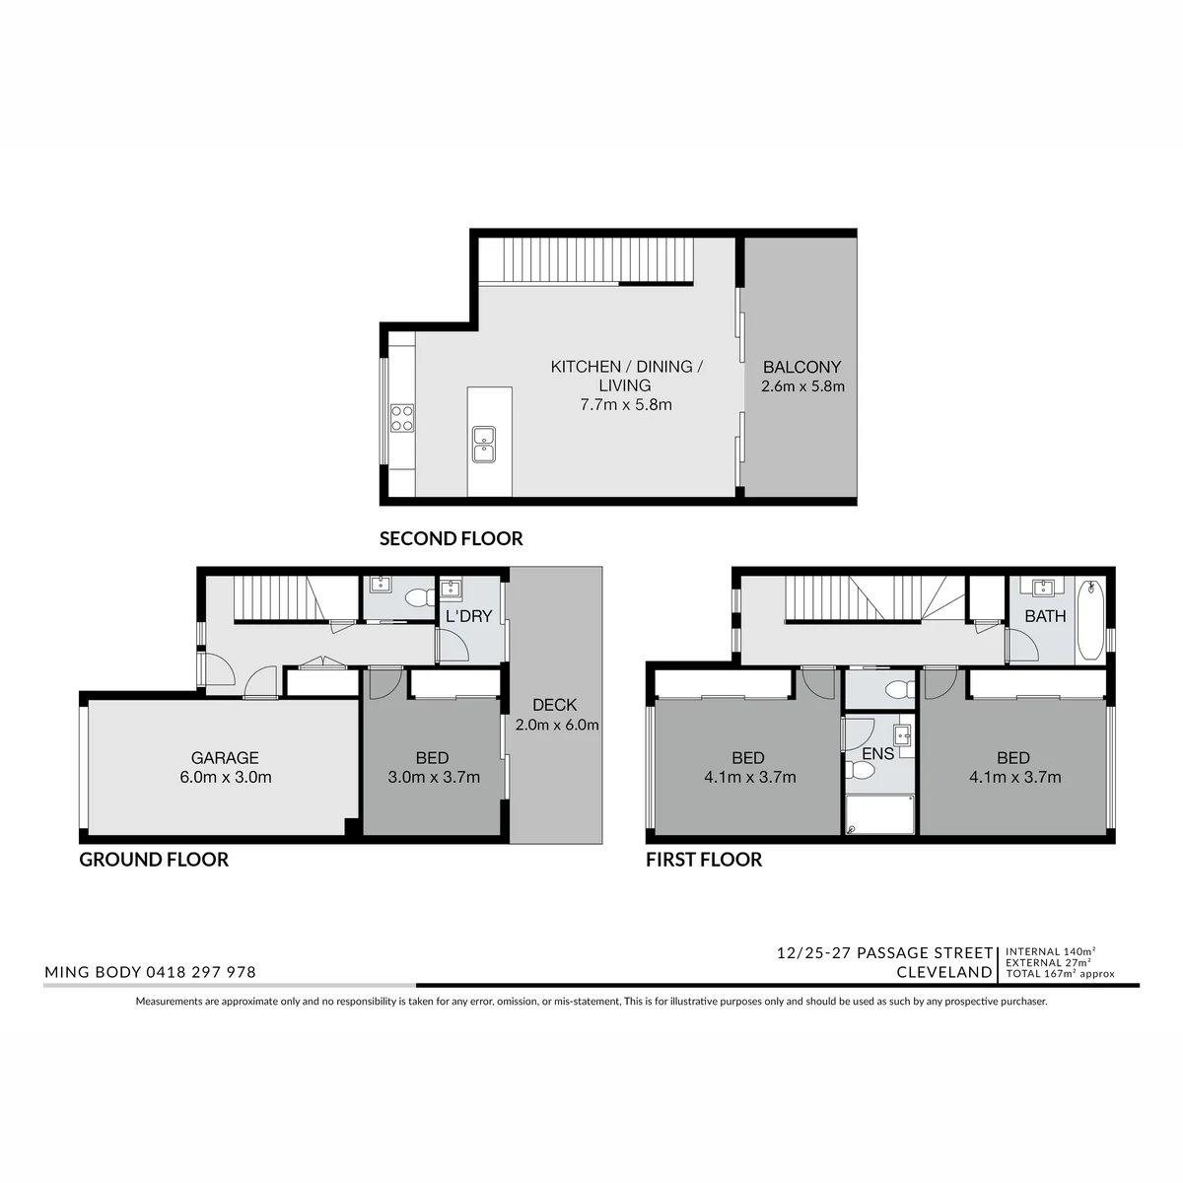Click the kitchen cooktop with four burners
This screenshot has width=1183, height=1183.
click(401, 418)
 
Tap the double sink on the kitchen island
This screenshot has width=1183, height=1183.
click(483, 444)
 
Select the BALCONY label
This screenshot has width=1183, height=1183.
click(801, 367)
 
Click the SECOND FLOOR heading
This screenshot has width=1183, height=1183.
click(451, 538)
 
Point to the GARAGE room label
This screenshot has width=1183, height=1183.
click(225, 757)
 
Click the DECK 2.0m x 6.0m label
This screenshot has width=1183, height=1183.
click(556, 715)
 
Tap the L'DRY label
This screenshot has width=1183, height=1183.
click(468, 616)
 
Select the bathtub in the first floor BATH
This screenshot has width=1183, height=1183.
click(1089, 620)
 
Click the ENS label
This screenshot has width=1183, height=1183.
click(878, 753)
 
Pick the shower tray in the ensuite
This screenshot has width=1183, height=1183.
click(879, 814)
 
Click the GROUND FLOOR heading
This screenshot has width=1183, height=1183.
click(154, 860)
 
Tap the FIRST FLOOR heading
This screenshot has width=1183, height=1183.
click(704, 860)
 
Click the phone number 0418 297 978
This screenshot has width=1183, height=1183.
click(200, 972)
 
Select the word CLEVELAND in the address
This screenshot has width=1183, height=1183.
click(944, 972)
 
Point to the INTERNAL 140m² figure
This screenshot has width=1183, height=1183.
click(1050, 951)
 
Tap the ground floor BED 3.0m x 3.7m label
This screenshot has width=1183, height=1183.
click(434, 767)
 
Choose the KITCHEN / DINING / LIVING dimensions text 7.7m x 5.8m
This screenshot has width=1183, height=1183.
click(626, 404)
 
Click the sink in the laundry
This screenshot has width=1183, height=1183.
click(451, 589)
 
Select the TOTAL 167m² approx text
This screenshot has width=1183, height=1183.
click(1060, 974)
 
